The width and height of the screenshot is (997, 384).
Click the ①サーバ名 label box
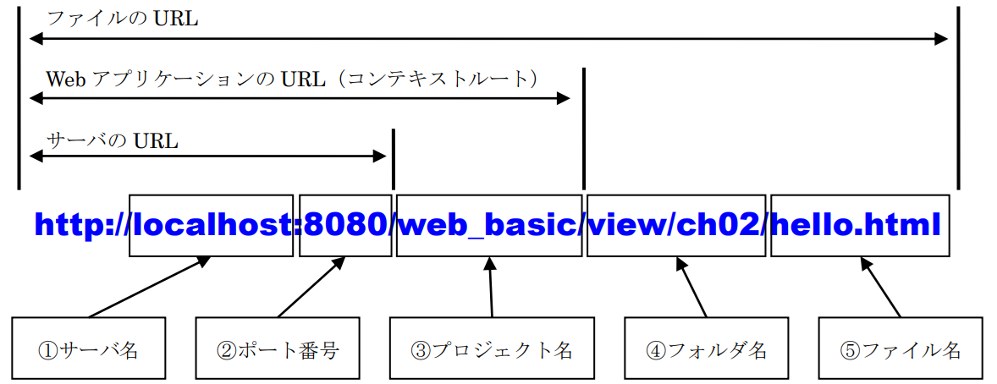[x=88, y=348]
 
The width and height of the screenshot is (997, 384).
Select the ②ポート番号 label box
[x=278, y=348]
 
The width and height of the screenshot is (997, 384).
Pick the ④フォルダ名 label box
[x=706, y=348]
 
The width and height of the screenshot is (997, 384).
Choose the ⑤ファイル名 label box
[x=901, y=348]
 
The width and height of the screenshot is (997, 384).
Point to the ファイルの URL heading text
[x=122, y=19]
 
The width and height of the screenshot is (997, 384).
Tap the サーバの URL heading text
[x=112, y=140]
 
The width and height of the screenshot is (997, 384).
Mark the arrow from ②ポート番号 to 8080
[x=311, y=287]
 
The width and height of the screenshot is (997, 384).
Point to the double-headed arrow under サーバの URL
[x=207, y=156]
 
